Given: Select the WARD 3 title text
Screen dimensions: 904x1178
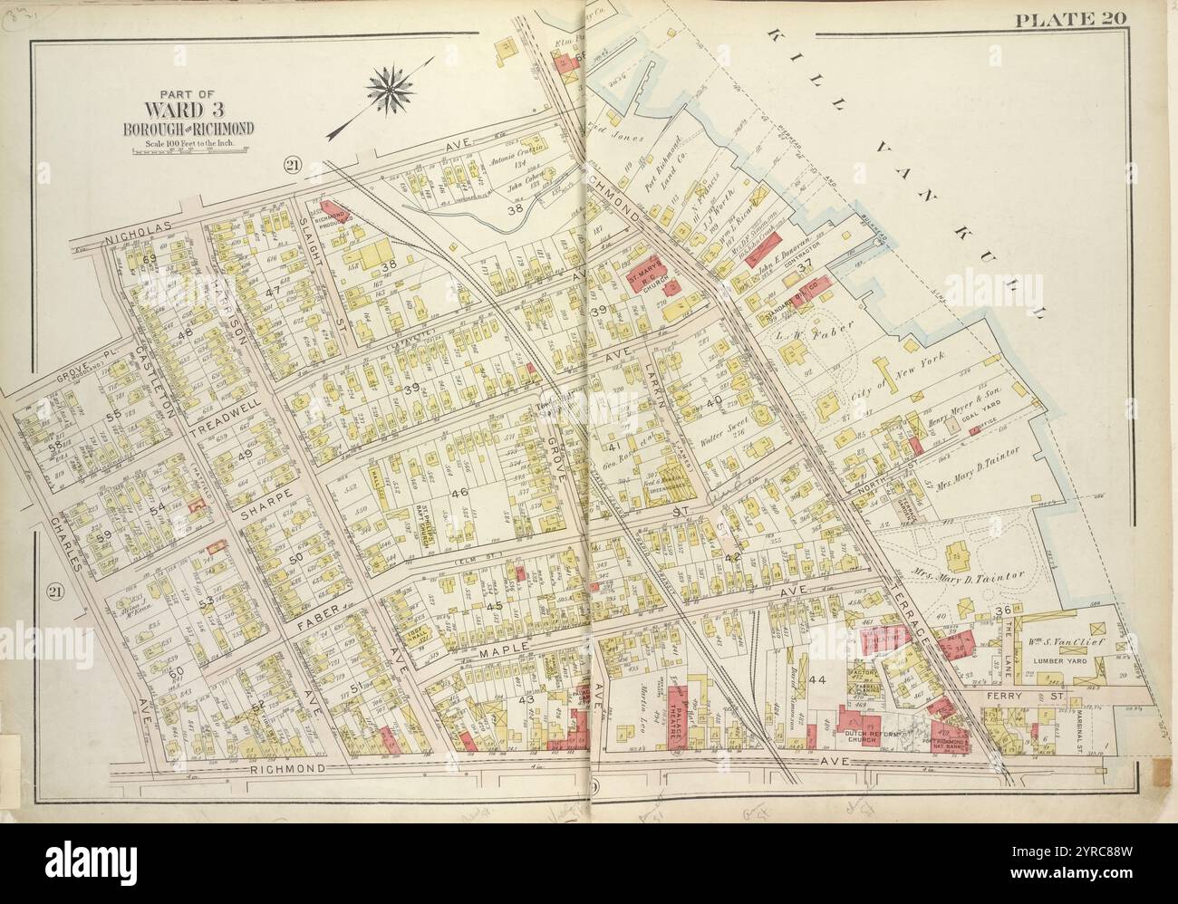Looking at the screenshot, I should click(x=189, y=109).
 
